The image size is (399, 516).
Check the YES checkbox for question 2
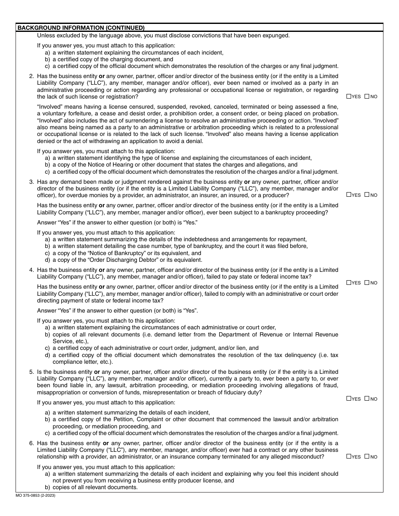tap(349, 96)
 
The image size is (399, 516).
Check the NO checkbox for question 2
tap(367, 96)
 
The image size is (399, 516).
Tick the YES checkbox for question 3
tap(349, 195)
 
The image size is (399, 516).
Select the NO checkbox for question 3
tap(367, 195)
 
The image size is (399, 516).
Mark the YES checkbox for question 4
tap(349, 283)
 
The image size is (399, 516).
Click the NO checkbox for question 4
tap(367, 283)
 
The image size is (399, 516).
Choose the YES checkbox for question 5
tap(349, 399)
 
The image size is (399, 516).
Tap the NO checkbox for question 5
tap(367, 399)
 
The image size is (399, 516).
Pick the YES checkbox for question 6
tap(349, 456)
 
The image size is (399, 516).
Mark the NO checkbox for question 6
tap(367, 456)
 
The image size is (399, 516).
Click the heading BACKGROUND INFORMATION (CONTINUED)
tap(81, 28)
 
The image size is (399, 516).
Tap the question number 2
tap(31, 76)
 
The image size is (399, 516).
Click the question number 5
tap(31, 372)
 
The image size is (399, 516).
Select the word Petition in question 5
tap(124, 420)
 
